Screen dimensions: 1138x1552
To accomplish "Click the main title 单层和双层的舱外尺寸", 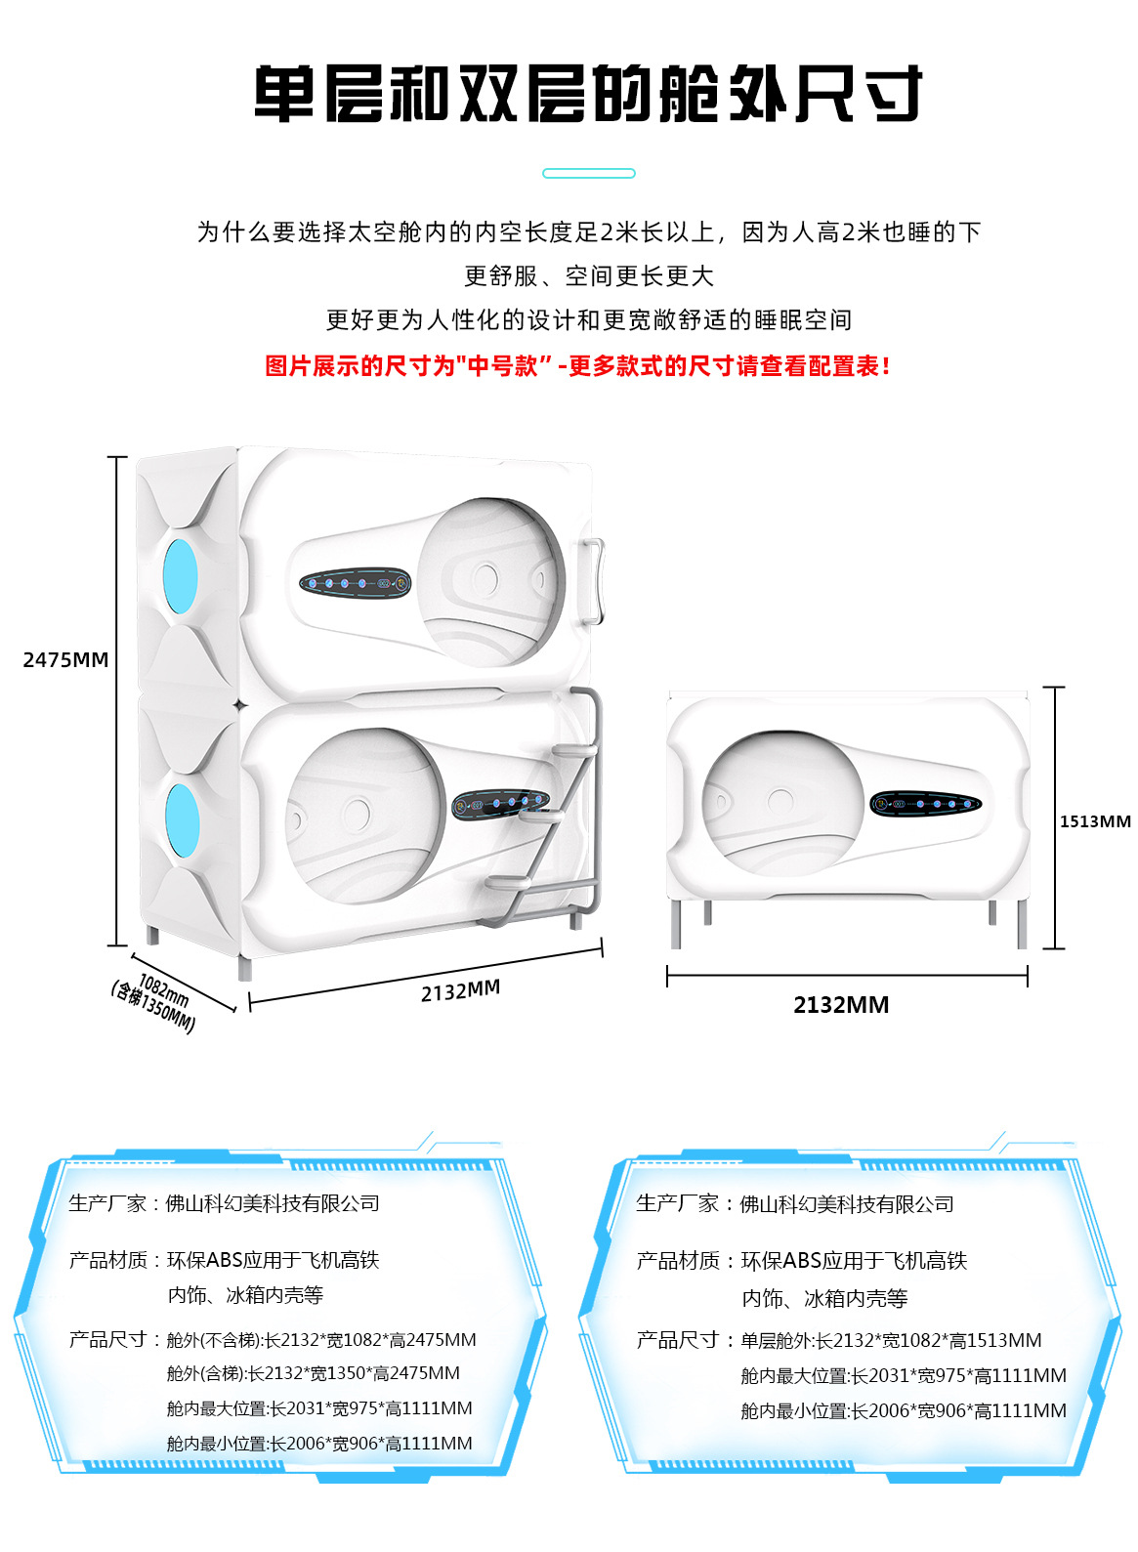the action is [x=587, y=94].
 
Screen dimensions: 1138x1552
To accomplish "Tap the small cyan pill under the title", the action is [x=588, y=173].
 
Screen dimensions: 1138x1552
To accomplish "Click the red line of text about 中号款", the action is [x=577, y=366].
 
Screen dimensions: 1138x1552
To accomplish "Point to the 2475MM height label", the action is [x=65, y=660].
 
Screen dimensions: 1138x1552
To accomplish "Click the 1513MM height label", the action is [x=1095, y=821].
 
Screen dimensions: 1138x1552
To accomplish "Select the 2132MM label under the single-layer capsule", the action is [x=841, y=1005].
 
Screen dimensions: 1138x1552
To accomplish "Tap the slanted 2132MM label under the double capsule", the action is [x=460, y=991].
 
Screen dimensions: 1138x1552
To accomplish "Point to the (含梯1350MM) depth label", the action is [x=153, y=1007].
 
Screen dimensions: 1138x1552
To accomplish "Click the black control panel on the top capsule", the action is [x=355, y=584].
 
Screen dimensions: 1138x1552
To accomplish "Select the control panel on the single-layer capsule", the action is [x=925, y=804].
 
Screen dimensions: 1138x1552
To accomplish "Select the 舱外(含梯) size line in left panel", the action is [x=313, y=1373].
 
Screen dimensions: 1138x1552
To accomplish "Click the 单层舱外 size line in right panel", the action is [x=891, y=1340].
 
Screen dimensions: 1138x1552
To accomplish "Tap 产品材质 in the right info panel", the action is [x=677, y=1261].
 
